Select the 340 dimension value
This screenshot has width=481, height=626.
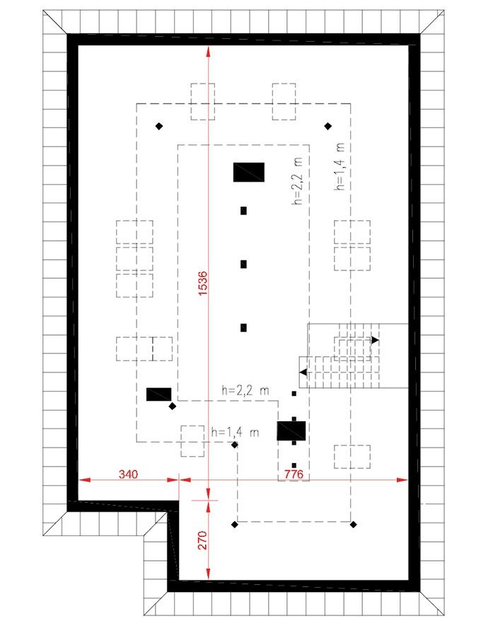coord(128,472)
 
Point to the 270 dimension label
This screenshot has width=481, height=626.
coord(202,540)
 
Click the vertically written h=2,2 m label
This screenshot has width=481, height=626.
coord(296,182)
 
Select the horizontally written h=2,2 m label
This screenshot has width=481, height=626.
coord(245,389)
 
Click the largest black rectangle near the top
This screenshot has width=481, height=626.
coord(249,172)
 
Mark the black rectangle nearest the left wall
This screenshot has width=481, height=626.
coord(158,394)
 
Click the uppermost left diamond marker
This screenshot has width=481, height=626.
coord(159,126)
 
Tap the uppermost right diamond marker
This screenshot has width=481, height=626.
coord(328,126)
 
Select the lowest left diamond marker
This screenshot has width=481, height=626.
coord(234,524)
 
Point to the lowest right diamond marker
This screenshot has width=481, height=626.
coord(353,524)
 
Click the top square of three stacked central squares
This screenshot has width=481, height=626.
coord(243,210)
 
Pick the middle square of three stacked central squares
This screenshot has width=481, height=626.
coord(243,264)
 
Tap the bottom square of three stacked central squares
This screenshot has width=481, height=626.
coord(243,327)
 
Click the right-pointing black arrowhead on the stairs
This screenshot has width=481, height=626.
coord(375,341)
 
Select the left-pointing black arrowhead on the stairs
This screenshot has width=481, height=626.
coord(303,372)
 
